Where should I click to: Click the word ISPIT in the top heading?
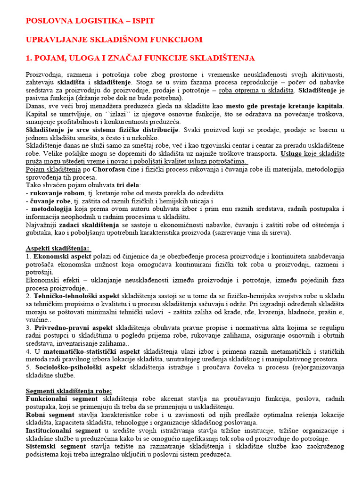(x=139, y=21)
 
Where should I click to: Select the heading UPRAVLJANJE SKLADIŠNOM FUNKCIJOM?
(x=114, y=40)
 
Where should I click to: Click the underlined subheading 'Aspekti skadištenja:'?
(x=58, y=248)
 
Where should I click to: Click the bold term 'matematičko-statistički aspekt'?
(x=87, y=351)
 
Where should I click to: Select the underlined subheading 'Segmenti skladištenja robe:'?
(x=69, y=391)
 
